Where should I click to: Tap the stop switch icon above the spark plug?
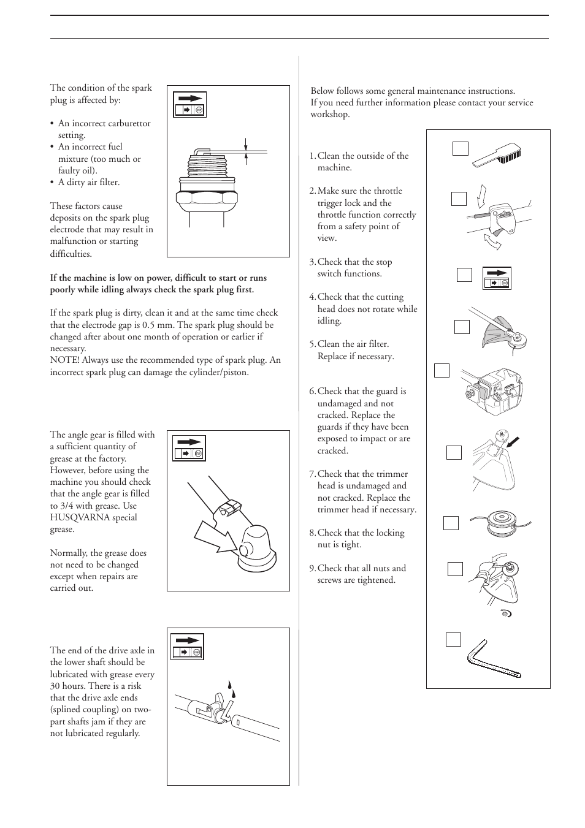coord(190,104)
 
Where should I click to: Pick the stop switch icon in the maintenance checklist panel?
coord(497,278)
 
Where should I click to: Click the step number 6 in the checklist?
coord(312,392)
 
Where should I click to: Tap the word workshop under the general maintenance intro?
coord(330,115)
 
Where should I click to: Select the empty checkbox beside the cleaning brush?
coord(461,148)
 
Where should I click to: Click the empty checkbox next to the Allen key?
coord(453,639)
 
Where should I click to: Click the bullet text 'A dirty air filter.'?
coord(89,182)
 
